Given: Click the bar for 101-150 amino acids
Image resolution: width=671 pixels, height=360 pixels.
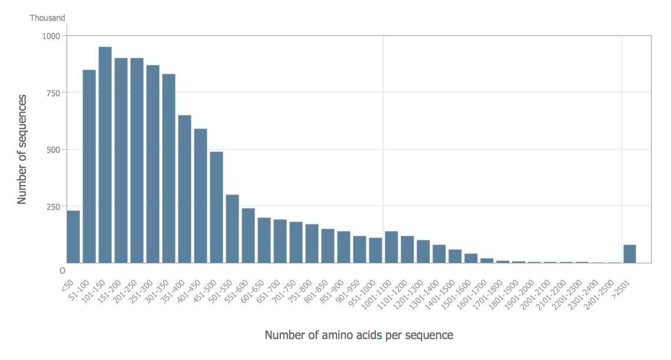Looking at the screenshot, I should (105, 155).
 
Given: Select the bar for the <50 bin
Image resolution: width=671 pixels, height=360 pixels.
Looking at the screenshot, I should (73, 236).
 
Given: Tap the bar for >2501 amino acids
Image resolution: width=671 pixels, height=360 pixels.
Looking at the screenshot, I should (630, 253).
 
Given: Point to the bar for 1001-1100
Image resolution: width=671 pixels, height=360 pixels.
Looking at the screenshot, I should (391, 247).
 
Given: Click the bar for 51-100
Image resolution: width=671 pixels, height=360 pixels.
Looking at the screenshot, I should (89, 166).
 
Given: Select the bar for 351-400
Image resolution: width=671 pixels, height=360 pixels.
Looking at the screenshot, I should (184, 189).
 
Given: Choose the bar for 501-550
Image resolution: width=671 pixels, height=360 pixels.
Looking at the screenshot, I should (232, 229).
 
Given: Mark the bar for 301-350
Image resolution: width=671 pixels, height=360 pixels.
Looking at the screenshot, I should (168, 168).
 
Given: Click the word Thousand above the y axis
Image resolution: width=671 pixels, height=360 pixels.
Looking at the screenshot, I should (48, 18).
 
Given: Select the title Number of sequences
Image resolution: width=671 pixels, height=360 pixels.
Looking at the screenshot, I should (22, 149).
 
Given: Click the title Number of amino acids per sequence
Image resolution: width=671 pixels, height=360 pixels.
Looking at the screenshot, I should (359, 335).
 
